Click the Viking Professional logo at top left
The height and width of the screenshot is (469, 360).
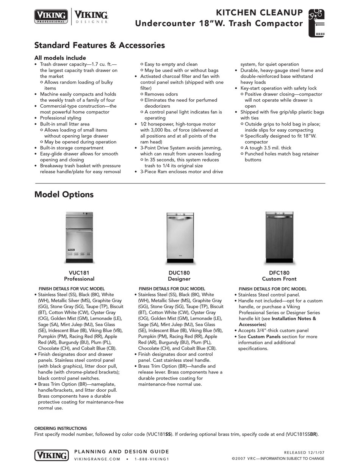pyautogui.click(x=51, y=17)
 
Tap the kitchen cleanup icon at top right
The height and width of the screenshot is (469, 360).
pyautogui.click(x=316, y=23)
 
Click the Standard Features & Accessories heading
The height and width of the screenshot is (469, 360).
pyautogui.click(x=99, y=45)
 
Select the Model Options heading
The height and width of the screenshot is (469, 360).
pyautogui.click(x=64, y=195)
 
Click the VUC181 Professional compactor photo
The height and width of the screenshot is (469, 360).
pyautogui.click(x=79, y=237)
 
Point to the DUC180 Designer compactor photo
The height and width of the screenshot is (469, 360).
pyautogui.click(x=180, y=237)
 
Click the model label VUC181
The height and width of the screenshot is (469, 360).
pyautogui.click(x=79, y=273)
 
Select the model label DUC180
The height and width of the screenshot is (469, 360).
pyautogui.click(x=179, y=273)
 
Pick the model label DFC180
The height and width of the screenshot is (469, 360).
pyautogui.click(x=279, y=273)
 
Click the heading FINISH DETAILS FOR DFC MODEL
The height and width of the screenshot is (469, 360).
pyautogui.click(x=272, y=289)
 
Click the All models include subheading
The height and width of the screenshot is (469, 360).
pyautogui.click(x=60, y=58)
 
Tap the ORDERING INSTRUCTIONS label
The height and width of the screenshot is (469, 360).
pyautogui.click(x=61, y=428)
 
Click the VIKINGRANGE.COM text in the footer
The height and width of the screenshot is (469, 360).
pyautogui.click(x=97, y=459)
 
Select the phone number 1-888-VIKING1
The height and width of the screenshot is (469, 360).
pyautogui.click(x=152, y=459)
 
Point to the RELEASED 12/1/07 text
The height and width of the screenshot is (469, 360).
pyautogui.click(x=304, y=452)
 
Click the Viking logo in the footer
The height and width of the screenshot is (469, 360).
pyautogui.click(x=52, y=455)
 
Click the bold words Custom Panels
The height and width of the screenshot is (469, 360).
pyautogui.click(x=264, y=336)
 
